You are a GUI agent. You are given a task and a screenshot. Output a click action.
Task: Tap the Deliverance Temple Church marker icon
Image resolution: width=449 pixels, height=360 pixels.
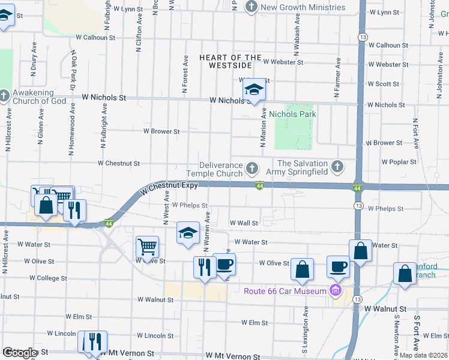coord(252,167)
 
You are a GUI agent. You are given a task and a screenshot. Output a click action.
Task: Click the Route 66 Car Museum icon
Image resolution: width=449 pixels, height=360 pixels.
coord(335,292)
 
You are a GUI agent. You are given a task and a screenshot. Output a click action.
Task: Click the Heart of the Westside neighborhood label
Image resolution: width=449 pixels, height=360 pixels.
coord(231,61)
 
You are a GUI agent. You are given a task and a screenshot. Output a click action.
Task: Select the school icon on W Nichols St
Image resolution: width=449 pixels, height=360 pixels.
coord(254,90)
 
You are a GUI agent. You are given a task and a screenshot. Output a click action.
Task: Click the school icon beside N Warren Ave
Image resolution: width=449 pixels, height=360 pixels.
coord(188,233)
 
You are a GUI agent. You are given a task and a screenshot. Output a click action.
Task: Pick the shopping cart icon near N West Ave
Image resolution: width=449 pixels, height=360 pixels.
coord(148,247)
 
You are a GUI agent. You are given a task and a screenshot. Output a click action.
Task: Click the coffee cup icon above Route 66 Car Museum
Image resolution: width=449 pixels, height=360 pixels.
coord(338,266)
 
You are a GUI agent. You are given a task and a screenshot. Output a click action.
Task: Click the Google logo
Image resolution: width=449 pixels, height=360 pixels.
coord(19,353)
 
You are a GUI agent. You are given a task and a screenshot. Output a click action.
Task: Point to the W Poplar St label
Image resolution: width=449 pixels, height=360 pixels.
coord(399,162)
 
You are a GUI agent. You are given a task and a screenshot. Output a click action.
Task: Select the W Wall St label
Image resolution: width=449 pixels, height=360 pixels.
coord(244,223)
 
